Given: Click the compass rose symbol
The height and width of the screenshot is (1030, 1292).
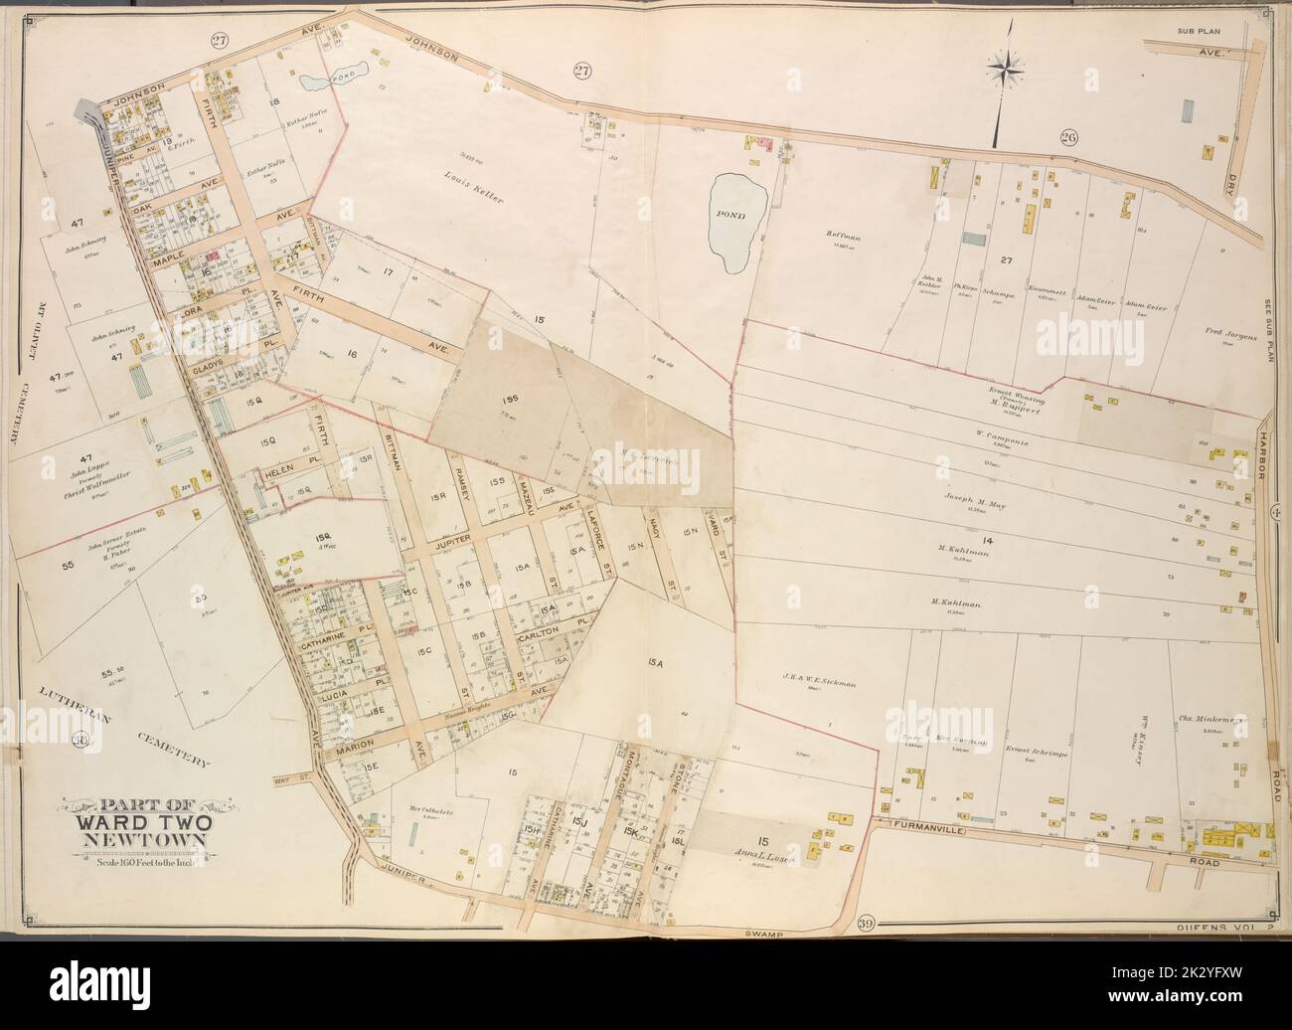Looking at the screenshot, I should (1012, 68).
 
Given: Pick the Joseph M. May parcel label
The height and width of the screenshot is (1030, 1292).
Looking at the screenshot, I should (984, 504).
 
